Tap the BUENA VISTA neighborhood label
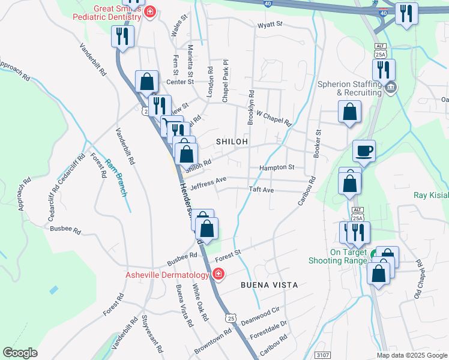270,284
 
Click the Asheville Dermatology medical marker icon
218,275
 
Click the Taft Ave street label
262,190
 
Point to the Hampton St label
277,167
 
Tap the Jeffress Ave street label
208,180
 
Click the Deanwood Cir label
261,314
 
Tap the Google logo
20,353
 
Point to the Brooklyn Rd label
252,107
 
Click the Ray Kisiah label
431,195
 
